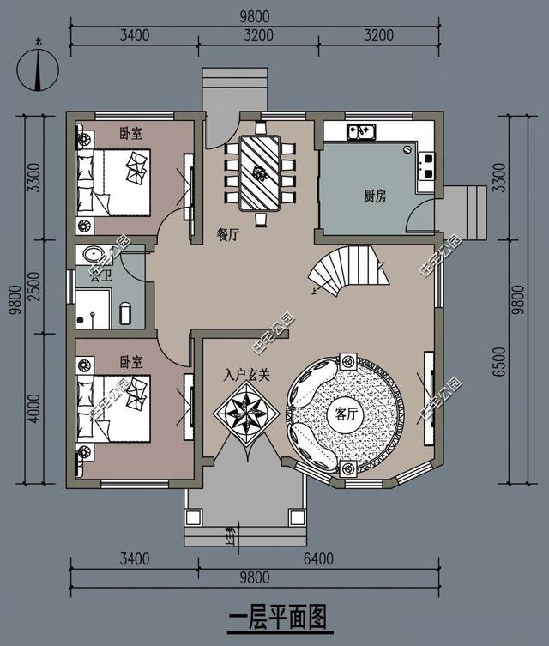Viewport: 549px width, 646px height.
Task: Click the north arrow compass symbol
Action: point(35,69)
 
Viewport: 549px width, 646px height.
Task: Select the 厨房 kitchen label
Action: point(374,196)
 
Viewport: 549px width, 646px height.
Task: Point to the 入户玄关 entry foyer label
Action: point(247,374)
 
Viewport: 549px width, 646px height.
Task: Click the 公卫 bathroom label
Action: point(88,275)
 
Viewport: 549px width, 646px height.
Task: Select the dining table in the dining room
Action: point(260,172)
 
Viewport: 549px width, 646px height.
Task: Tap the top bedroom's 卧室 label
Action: point(131,133)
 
